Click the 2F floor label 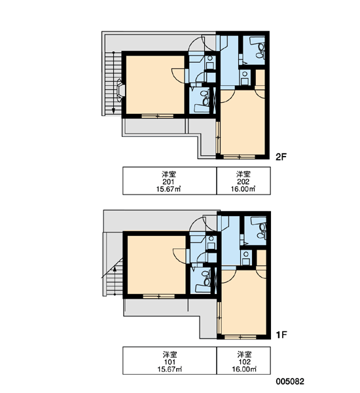pos(281,157)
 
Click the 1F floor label pos(281,335)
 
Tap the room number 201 pos(169,181)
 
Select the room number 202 pos(243,181)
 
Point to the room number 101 pos(170,362)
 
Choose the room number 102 pos(245,362)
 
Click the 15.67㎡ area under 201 pos(169,189)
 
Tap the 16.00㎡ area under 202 pos(243,189)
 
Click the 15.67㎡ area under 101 pos(170,369)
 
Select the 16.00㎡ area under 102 pos(244,369)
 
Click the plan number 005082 pos(290,381)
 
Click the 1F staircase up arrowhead pos(115,269)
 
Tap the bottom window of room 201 pos(157,116)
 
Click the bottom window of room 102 pos(240,337)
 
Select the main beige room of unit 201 pos(155,84)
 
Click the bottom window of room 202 pos(239,157)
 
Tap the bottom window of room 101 pos(158,297)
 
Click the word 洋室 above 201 pos(169,174)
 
